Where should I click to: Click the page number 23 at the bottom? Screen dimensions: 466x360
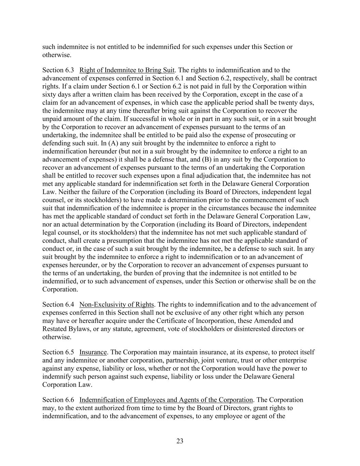180,441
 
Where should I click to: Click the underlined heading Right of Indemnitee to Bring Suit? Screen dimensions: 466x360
127,70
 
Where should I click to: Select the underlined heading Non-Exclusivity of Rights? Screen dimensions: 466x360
117,304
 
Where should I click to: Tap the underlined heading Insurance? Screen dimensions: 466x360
93,352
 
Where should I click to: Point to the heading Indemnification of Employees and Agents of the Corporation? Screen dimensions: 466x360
166,400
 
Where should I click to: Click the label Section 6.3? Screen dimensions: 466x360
58,70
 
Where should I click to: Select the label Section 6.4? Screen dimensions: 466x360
58,304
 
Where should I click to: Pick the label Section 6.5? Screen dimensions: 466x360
58,352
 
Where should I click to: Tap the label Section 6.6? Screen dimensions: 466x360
58,400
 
